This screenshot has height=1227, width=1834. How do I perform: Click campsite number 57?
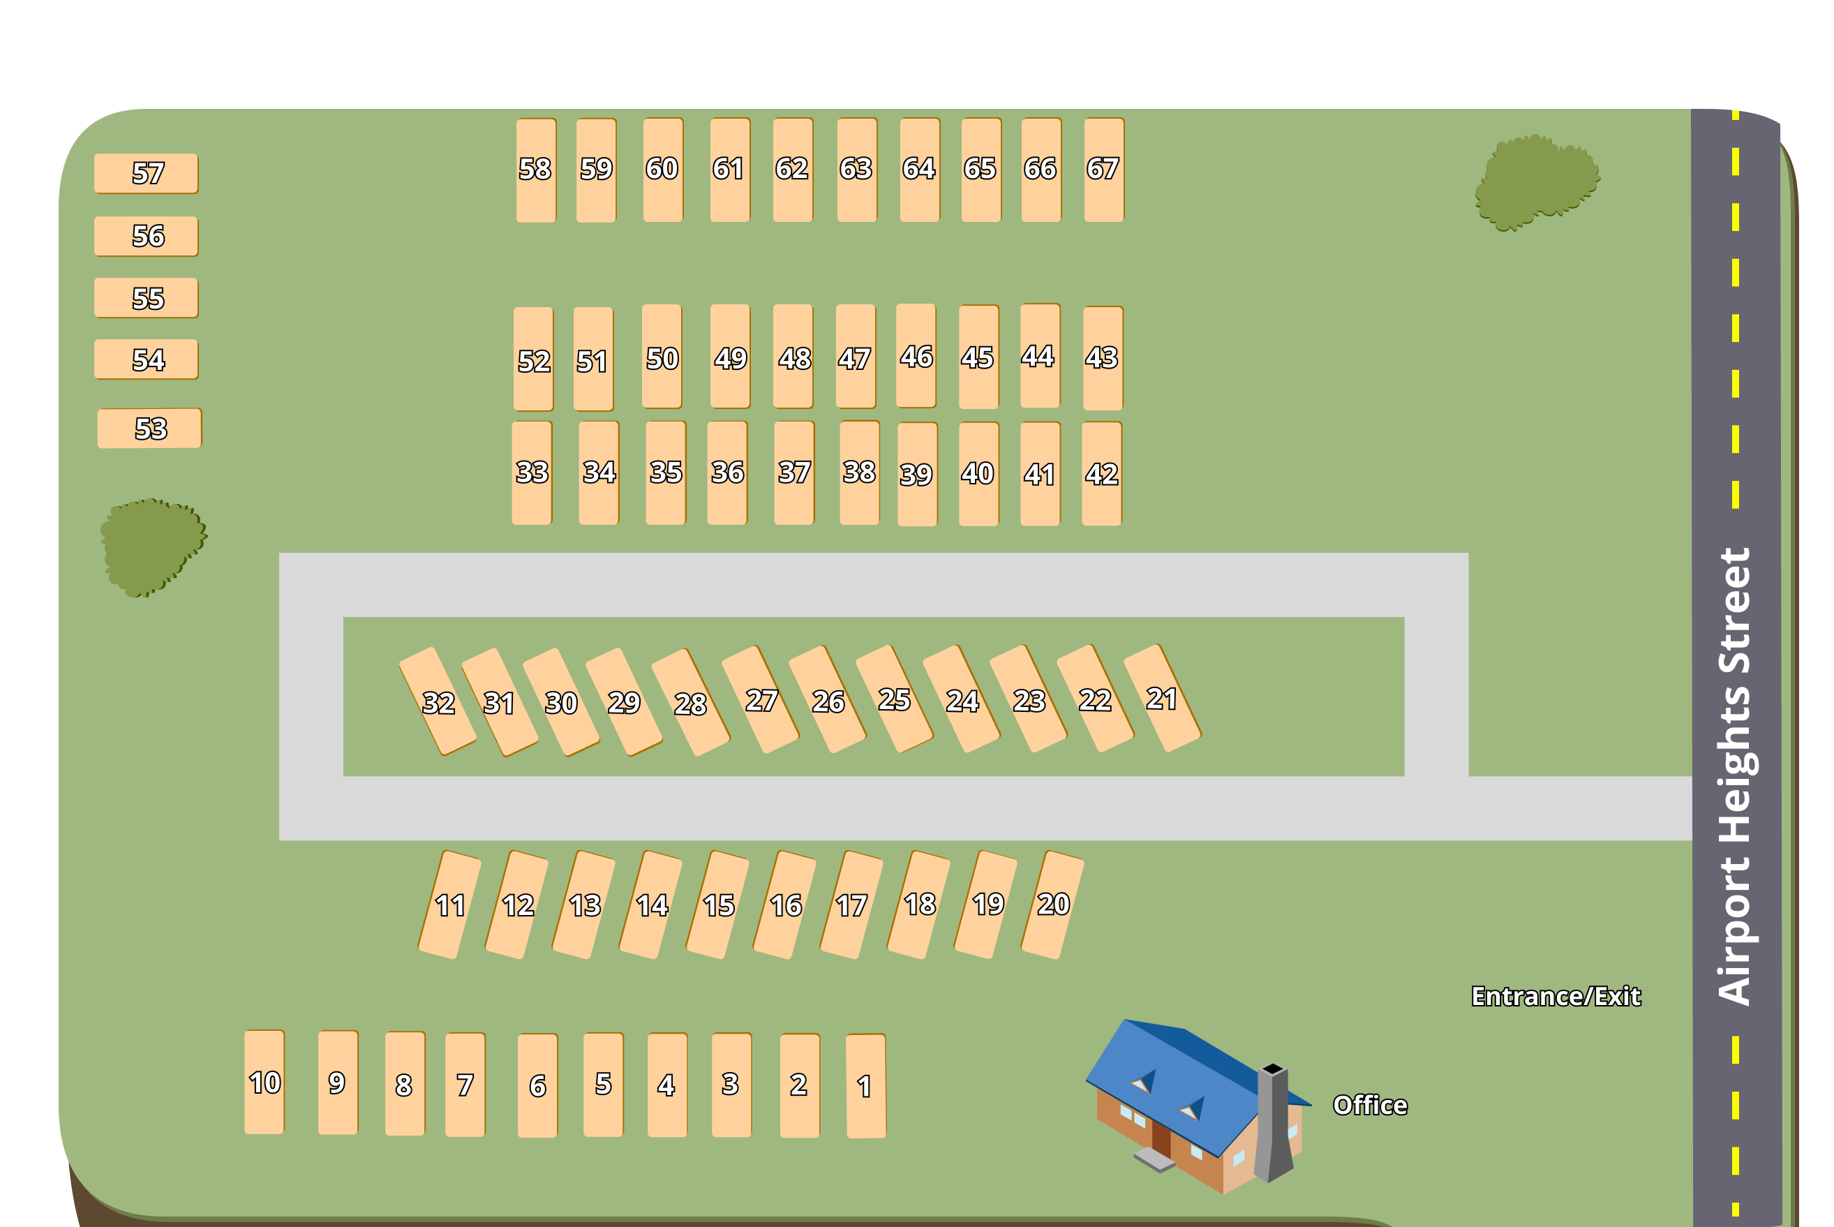click(x=147, y=173)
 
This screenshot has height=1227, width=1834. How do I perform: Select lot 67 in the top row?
click(x=1104, y=170)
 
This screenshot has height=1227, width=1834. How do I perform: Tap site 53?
click(x=149, y=428)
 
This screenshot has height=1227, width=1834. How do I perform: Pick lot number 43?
click(x=1103, y=357)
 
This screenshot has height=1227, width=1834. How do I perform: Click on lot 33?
click(x=532, y=473)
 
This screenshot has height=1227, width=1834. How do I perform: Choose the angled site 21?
click(x=1162, y=698)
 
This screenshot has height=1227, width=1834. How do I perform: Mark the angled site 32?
click(x=438, y=701)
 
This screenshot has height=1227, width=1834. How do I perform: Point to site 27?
click(x=761, y=699)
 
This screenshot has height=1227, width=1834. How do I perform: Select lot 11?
click(x=450, y=905)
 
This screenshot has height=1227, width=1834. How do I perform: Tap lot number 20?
click(x=1052, y=905)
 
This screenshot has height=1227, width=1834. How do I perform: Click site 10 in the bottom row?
click(x=264, y=1083)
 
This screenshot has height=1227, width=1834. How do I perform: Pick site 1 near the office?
click(x=866, y=1085)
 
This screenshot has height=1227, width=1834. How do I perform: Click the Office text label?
click(x=1370, y=1105)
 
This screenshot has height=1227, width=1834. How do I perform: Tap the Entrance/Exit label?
click(x=1556, y=996)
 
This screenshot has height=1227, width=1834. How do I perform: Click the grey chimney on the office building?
click(x=1274, y=1123)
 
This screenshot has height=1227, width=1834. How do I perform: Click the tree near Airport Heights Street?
click(x=1537, y=182)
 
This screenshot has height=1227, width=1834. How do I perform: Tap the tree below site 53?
click(x=153, y=548)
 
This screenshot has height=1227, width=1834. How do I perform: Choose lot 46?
click(x=916, y=356)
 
